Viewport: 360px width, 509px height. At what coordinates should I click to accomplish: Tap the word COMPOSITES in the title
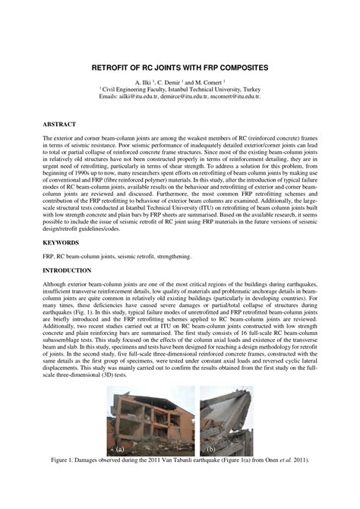242,68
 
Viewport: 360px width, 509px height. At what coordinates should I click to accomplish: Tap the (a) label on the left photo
118,448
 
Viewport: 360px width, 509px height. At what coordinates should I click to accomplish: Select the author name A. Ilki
144,81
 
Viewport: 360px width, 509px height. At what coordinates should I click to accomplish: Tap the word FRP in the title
203,68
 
